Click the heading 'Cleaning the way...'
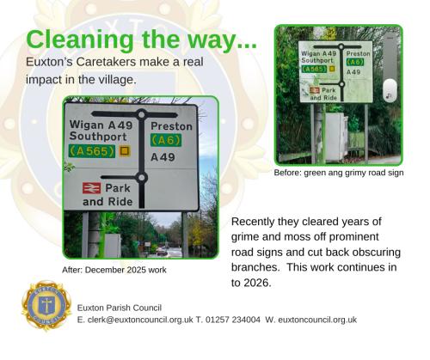click(141, 40)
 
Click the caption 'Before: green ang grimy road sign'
click(338, 173)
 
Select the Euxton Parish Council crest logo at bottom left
click(44, 308)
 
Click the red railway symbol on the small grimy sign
click(315, 88)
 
